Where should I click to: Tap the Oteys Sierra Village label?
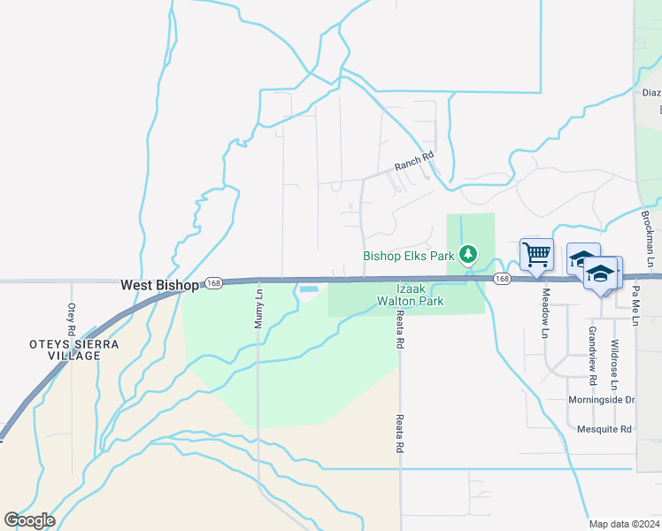tap(62, 349)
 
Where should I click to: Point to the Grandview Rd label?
tap(592, 348)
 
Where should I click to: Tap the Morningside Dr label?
tap(601, 400)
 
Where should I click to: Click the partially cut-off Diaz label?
tap(651, 92)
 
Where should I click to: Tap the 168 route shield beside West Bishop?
tap(213, 282)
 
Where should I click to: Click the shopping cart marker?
tap(536, 255)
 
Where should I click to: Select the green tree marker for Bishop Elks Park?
tap(468, 256)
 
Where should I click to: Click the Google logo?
tap(29, 519)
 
